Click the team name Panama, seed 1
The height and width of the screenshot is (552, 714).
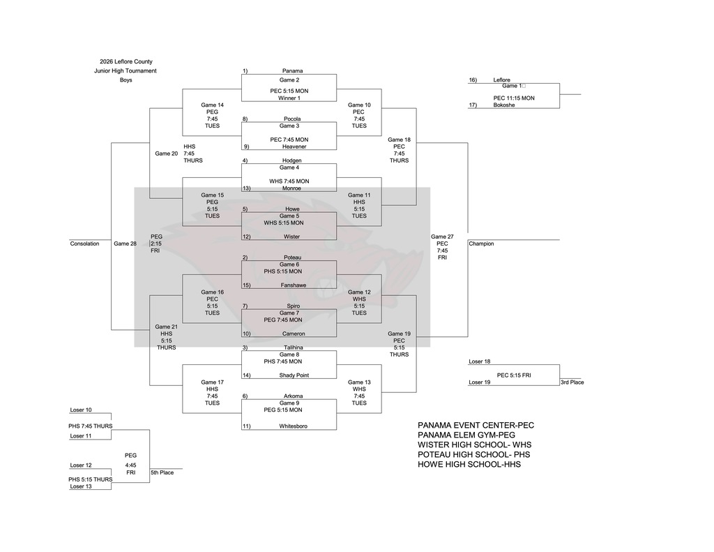tap(292, 70)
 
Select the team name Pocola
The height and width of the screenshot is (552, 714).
tap(292, 119)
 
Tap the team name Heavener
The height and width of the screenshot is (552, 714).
tap(294, 147)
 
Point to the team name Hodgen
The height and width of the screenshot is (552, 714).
tap(292, 161)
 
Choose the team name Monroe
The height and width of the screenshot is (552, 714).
tap(291, 188)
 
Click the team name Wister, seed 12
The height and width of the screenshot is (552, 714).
tap(291, 237)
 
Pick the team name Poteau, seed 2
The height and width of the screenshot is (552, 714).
tap(292, 258)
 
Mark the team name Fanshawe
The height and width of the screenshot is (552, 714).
tap(294, 285)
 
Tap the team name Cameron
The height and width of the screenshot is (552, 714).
tap(293, 334)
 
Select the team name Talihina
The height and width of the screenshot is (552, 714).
tap(293, 348)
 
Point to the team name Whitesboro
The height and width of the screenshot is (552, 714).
tap(294, 426)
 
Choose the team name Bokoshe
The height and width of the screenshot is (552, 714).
tap(503, 105)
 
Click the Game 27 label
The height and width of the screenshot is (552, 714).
tap(442, 237)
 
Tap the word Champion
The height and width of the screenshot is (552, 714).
tap(481, 244)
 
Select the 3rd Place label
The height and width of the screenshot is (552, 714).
tap(572, 382)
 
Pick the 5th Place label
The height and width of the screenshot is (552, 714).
tap(162, 472)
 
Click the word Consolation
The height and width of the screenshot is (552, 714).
tap(84, 244)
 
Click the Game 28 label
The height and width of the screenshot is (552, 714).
tap(125, 244)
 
